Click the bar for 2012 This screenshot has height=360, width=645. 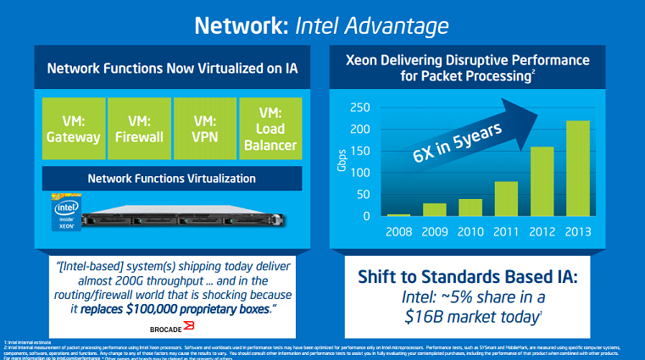tap(542, 182)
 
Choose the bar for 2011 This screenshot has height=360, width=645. tap(507, 199)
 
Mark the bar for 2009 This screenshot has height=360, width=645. tap(435, 209)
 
